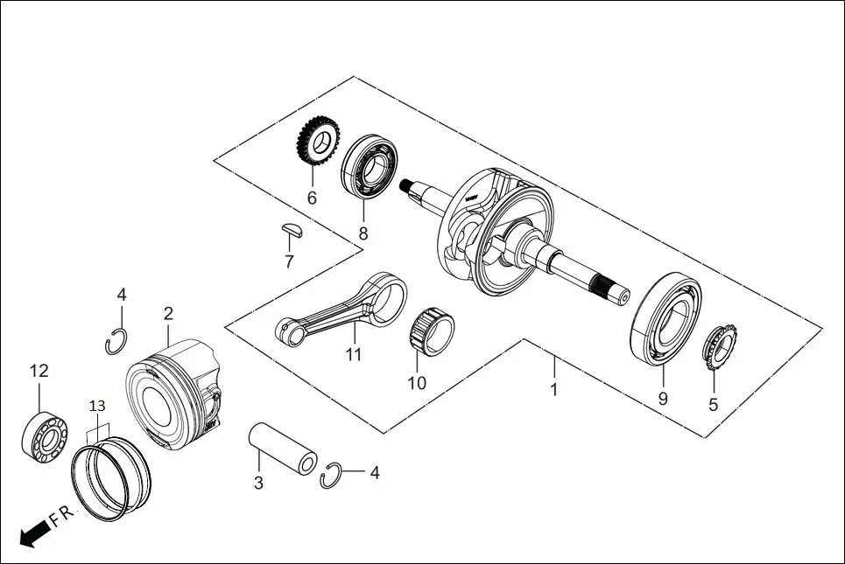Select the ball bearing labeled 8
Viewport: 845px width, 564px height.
(370, 166)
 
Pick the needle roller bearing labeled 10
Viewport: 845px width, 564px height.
(432, 331)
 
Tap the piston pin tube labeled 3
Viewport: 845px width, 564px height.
(283, 448)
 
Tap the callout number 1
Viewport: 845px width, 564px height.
(553, 389)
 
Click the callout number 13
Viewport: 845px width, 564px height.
(97, 406)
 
